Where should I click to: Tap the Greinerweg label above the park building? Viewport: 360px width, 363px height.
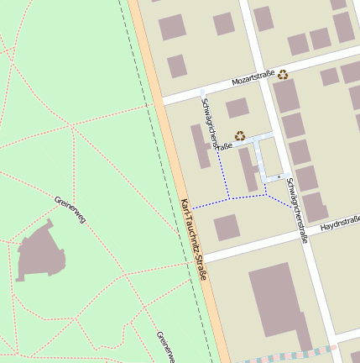click(x=70, y=212)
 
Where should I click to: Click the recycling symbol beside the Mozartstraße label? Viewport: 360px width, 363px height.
click(x=284, y=74)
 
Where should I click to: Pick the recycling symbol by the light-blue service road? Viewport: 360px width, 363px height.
click(x=240, y=134)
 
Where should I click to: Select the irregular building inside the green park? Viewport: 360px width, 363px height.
click(x=39, y=254)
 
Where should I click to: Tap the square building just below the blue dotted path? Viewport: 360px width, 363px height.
click(x=227, y=227)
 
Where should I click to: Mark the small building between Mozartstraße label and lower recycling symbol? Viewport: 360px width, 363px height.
click(x=237, y=108)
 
